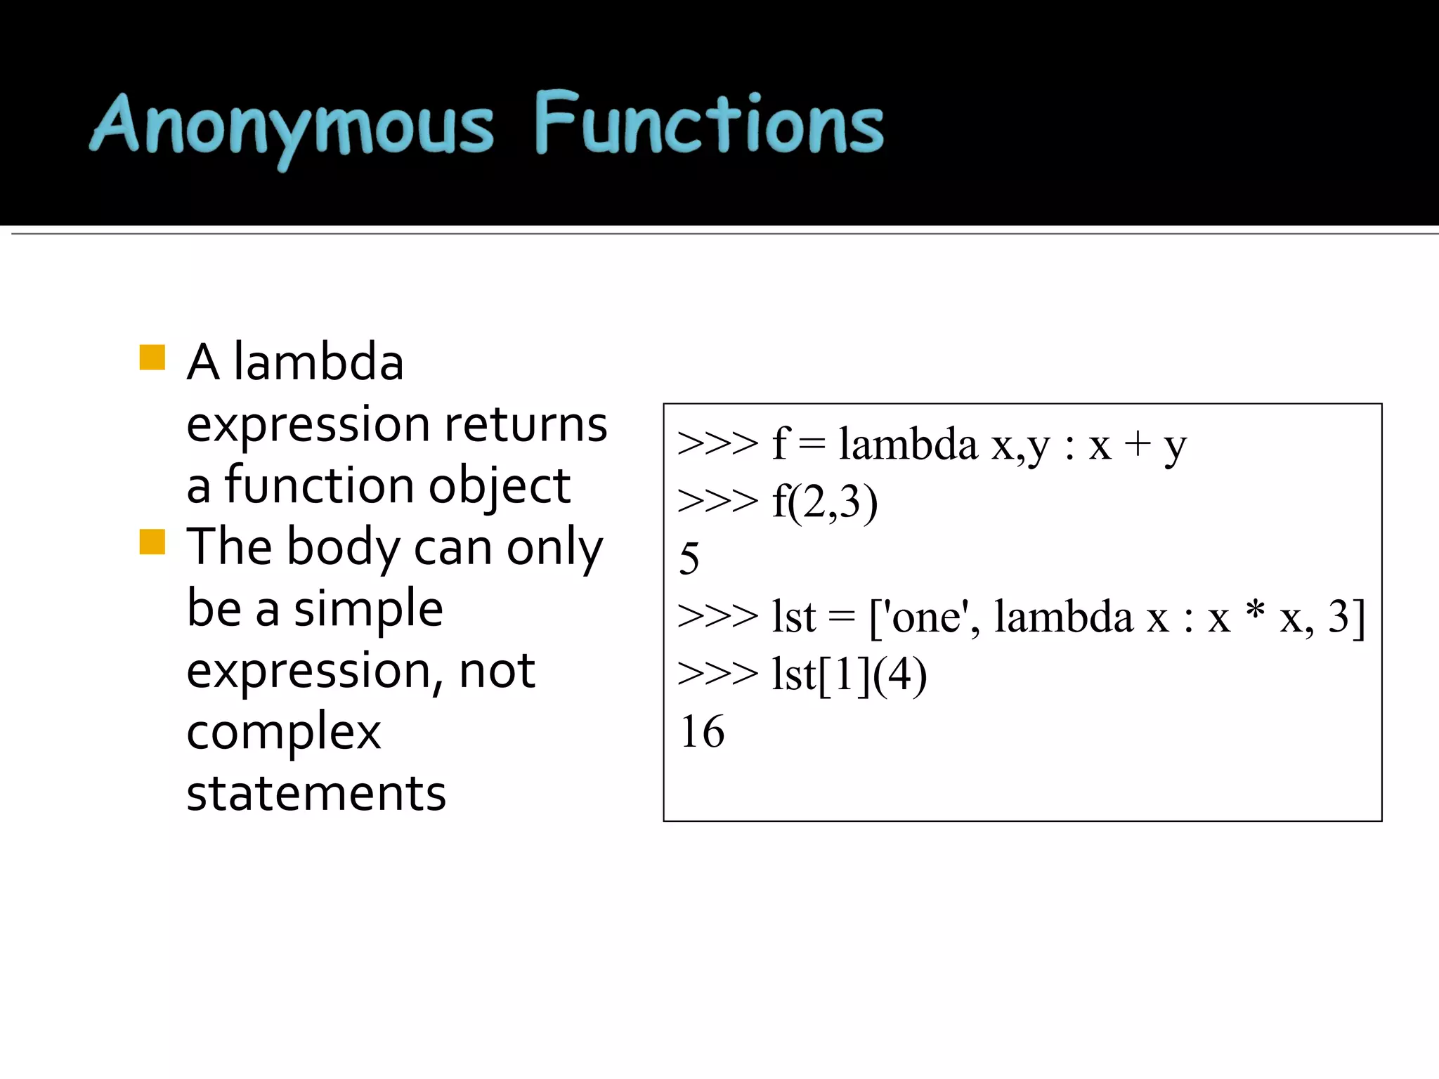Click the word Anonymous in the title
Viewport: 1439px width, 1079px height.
pyautogui.click(x=292, y=126)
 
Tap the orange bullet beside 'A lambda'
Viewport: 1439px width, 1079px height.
pyautogui.click(x=152, y=358)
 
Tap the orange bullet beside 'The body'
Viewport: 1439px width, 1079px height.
pyautogui.click(x=152, y=542)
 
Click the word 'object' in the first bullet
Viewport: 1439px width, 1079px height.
pyautogui.click(x=500, y=486)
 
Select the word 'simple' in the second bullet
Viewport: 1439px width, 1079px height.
pyautogui.click(x=368, y=608)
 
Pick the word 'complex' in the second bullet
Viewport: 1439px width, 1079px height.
pyautogui.click(x=284, y=732)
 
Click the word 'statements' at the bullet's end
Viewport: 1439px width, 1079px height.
pyautogui.click(x=316, y=794)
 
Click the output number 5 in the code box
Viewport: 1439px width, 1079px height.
pyautogui.click(x=689, y=559)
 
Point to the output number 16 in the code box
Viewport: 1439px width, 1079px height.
pyautogui.click(x=702, y=732)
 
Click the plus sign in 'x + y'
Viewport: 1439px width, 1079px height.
pyautogui.click(x=1138, y=445)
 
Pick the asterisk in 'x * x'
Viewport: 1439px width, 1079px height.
pyautogui.click(x=1255, y=611)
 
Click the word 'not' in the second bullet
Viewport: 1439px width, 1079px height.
pyautogui.click(x=497, y=671)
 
